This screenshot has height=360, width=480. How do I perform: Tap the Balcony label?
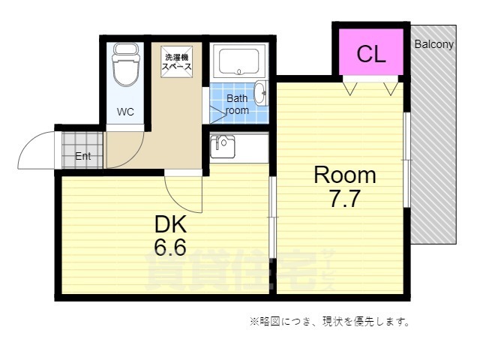[433, 44]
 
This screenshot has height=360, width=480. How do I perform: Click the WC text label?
[125, 112]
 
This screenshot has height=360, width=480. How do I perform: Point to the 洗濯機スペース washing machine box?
[178, 60]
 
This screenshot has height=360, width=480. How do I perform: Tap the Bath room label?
[237, 104]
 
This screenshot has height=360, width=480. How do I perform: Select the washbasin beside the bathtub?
[259, 94]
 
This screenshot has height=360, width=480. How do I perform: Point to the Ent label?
[82, 156]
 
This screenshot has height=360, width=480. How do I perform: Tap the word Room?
[344, 175]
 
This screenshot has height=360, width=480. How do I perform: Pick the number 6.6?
[170, 247]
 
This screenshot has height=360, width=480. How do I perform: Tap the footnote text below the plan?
[329, 322]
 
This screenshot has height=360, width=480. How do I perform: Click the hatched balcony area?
[433, 150]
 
